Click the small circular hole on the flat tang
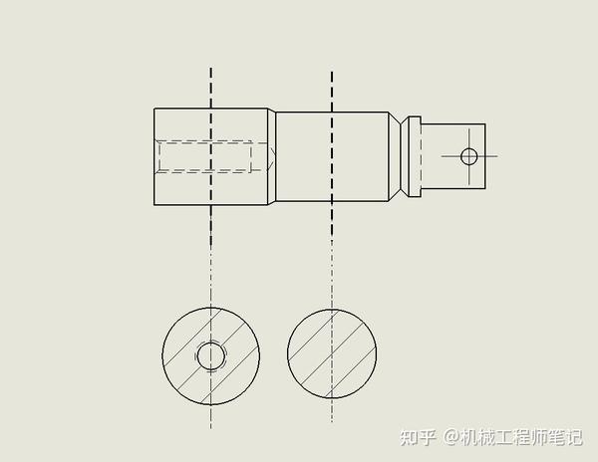click(468, 155)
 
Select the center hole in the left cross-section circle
click(210, 355)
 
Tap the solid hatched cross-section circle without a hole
click(332, 351)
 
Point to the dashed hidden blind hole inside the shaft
click(204, 156)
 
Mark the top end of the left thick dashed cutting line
click(210, 71)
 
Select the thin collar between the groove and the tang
click(413, 155)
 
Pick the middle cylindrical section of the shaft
click(332, 156)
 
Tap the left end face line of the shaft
click(154, 156)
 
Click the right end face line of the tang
click(485, 156)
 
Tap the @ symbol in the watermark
click(450, 436)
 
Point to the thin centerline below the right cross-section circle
click(332, 413)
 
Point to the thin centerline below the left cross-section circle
click(210, 418)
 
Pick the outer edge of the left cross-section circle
click(162, 355)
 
